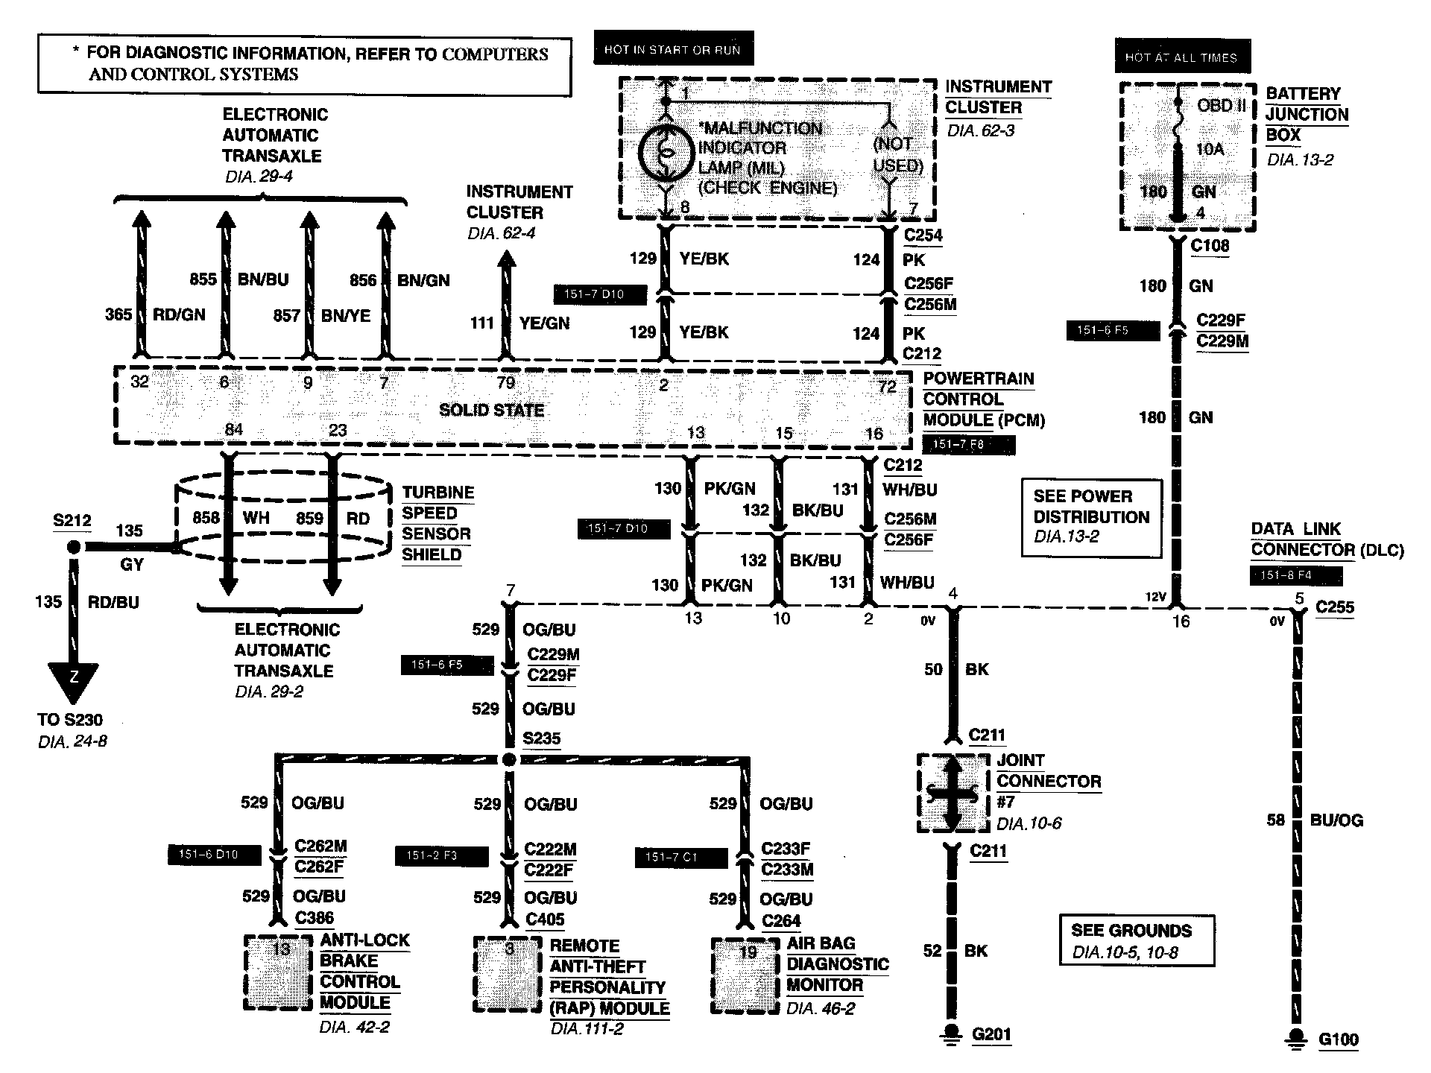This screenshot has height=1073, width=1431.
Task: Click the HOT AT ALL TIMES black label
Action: (1181, 57)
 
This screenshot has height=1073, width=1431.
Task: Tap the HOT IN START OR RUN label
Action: (672, 49)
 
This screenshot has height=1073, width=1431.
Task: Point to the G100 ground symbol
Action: (1297, 1039)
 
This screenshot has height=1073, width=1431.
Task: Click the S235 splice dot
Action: (509, 760)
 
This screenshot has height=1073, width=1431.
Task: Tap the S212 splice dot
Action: (74, 548)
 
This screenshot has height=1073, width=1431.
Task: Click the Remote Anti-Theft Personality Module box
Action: (508, 973)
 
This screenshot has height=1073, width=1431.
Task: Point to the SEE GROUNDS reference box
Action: (1136, 941)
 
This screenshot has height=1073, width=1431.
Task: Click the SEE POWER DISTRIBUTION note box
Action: (1091, 516)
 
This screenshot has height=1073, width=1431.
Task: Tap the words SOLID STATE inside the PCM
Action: (491, 410)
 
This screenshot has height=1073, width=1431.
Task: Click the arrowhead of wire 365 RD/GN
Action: (140, 221)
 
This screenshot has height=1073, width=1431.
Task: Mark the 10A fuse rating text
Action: (1210, 149)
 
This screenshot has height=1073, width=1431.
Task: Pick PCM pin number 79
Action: (505, 383)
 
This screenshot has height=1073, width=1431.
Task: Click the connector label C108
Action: (1210, 246)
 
